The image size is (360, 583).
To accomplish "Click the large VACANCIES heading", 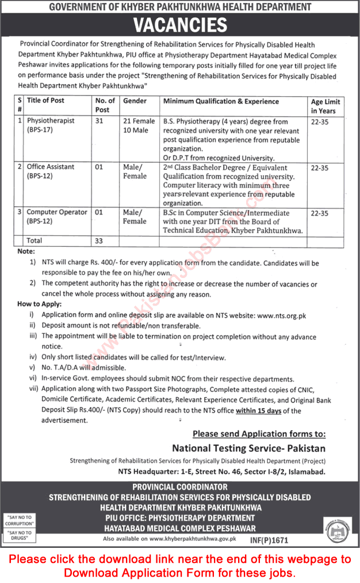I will pos(179,25).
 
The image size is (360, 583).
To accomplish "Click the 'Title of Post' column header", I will pos(45,101).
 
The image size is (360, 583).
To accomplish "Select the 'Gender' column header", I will pos(135,101).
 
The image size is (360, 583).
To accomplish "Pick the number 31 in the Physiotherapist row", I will pos(99,122).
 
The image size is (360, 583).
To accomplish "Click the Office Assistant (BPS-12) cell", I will pos(51,172).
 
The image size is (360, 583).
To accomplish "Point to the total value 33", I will pos(99,241).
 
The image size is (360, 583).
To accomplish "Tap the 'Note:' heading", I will pos(26,252).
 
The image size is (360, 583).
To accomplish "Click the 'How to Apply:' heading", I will pos(40,304).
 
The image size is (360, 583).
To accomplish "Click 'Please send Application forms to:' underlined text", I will pos(259,434).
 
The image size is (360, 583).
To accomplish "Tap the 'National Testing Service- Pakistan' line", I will pos(248,448).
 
